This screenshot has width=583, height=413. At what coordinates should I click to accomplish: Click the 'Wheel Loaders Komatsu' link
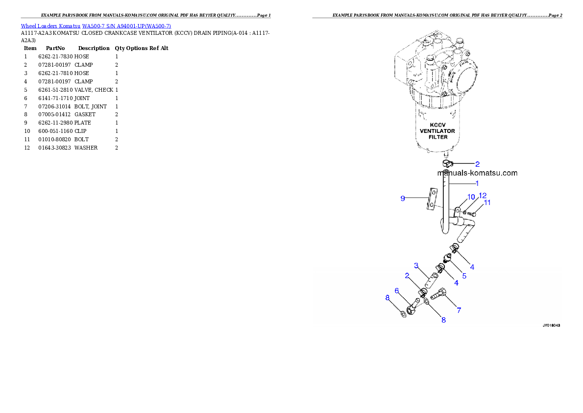[50, 26]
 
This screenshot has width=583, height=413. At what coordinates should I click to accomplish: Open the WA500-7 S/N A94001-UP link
[126, 26]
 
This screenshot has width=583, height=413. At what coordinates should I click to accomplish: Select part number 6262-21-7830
[55, 56]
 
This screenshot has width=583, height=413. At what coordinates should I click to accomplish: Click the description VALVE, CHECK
[94, 90]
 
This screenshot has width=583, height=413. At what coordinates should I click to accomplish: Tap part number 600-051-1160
[55, 131]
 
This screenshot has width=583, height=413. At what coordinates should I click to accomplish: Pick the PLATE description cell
[82, 123]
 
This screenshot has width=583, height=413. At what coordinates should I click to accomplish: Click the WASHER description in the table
[86, 148]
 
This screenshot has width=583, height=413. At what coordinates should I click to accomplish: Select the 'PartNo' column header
[55, 49]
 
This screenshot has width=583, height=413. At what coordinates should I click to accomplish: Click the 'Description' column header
[94, 49]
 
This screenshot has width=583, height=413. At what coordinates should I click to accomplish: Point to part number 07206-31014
[54, 106]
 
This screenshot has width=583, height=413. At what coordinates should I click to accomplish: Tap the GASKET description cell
[85, 115]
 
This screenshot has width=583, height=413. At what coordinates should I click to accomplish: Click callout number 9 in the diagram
[403, 199]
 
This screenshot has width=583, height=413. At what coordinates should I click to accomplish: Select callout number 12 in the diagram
[483, 196]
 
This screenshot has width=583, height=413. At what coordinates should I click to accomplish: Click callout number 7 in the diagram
[459, 310]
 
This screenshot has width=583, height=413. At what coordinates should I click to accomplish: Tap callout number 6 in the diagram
[397, 291]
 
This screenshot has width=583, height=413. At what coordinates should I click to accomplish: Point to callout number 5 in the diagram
[464, 276]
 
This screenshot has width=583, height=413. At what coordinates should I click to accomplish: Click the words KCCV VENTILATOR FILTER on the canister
[437, 131]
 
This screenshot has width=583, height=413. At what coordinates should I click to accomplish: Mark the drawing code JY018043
[551, 326]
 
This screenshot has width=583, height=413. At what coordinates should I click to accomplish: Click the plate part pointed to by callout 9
[433, 199]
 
